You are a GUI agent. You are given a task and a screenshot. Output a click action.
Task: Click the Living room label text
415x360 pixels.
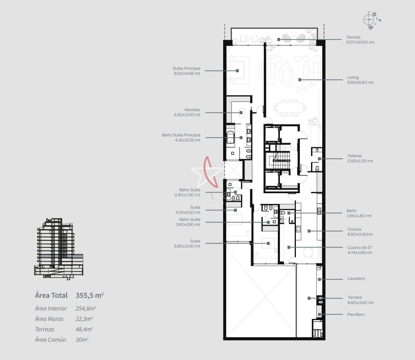coord(353,77)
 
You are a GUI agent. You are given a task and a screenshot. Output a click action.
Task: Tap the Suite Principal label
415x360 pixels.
coord(186,68)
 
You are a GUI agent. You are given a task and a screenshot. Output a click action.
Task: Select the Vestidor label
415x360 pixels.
coord(192,110)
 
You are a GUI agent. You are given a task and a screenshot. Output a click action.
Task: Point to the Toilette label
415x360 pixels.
coord(354,156)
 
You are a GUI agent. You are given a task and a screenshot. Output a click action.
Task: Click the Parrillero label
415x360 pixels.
coord(356,314)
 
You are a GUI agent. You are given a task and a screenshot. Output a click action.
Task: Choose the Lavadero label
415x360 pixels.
coord(356,278)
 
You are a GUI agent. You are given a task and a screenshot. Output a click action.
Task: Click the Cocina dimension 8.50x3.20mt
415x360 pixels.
coord(360,234)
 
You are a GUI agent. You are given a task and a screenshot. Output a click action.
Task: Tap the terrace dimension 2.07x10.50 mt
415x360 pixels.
coord(360,42)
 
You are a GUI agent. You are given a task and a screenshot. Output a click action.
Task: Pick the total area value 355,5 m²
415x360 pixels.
coord(90,295)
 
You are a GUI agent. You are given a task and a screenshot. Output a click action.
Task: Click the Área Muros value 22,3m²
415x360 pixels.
coord(84,319)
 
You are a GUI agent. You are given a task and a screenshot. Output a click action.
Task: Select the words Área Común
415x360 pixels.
coord(50,340)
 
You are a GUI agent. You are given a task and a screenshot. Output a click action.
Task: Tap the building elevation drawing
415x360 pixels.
coord(59,249)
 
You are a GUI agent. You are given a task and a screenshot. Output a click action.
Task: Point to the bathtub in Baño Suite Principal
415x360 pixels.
coord(230,137)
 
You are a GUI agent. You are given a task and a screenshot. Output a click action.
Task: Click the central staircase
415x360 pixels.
coord(281,160)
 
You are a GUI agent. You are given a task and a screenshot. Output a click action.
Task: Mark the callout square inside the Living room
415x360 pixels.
coord(299,80)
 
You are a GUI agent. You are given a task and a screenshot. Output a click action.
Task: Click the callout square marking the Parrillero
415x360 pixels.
coord(319,314)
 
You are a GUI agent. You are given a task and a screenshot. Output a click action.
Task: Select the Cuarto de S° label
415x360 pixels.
coord(360,248)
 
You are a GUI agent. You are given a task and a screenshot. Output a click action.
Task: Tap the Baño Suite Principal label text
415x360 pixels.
coord(181,135)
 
